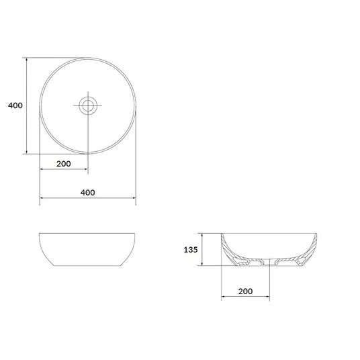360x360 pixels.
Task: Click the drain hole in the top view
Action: (x=88, y=105)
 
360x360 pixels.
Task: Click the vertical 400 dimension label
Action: (x=15, y=105)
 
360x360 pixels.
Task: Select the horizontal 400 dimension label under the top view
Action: (x=88, y=193)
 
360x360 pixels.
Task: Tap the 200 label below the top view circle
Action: (x=64, y=164)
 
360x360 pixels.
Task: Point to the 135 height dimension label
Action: (x=191, y=250)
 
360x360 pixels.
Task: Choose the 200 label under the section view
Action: (x=245, y=291)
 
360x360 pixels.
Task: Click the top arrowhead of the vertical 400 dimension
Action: (x=27, y=60)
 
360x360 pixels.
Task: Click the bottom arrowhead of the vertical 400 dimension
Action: (x=27, y=152)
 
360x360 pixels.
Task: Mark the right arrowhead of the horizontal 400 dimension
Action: (x=134, y=197)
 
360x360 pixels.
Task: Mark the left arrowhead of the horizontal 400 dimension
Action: (x=42, y=197)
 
